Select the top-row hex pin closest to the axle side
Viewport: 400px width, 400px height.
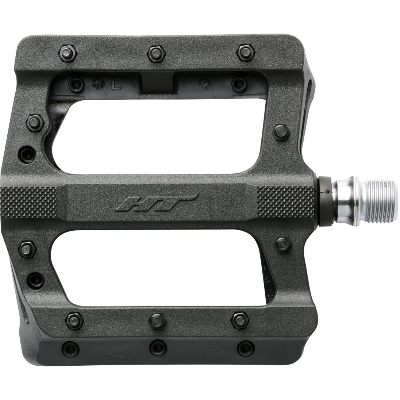(245, 53)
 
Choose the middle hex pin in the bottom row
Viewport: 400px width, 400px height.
(157, 320)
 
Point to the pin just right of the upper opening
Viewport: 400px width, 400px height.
(281, 132)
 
